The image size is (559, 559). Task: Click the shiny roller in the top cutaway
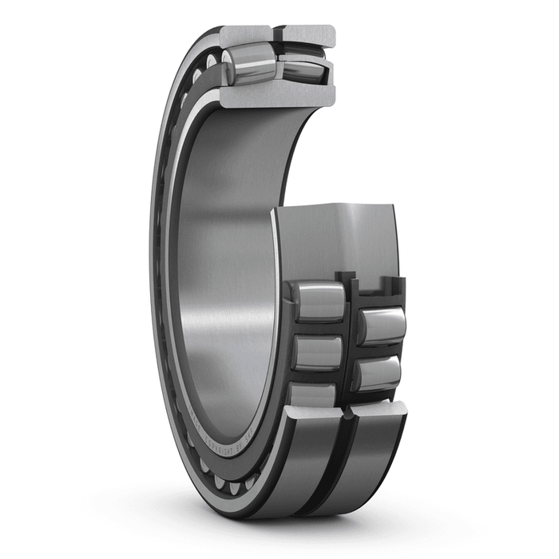coord(248,63)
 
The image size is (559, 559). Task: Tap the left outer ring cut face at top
coord(246,35)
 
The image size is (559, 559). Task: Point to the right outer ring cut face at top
coord(307,34)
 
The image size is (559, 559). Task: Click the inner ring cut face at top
coord(276,96)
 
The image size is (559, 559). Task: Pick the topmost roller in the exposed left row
coord(317,302)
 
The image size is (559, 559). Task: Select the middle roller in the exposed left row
coord(317,352)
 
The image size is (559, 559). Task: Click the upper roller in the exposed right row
coord(381,326)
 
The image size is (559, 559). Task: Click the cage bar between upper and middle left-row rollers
coord(317,328)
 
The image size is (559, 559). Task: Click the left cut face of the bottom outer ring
coord(315,412)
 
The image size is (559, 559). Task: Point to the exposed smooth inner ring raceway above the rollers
coord(335,240)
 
